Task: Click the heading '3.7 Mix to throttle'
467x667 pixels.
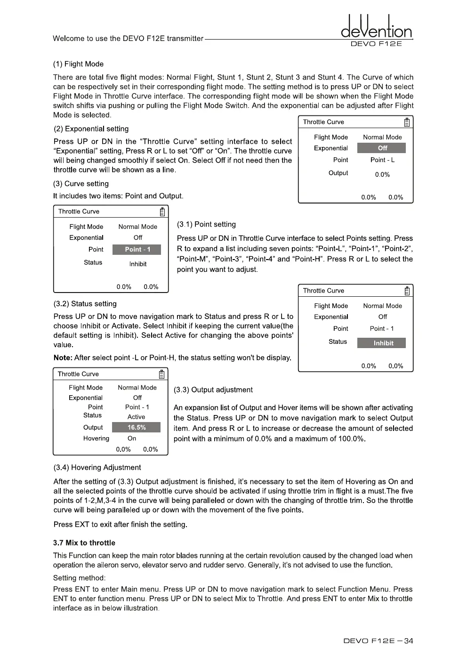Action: point(84,543)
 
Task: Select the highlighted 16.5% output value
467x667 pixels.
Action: point(137,427)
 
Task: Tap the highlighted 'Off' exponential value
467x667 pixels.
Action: point(382,148)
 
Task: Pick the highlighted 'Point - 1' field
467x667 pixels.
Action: point(137,249)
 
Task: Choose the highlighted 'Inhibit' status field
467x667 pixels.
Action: point(382,343)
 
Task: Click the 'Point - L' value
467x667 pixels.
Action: point(382,160)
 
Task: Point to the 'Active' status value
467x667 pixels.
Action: point(136,417)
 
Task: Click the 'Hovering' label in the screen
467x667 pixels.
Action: point(96,438)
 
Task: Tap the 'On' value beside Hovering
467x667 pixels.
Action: point(132,438)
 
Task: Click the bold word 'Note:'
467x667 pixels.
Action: point(63,358)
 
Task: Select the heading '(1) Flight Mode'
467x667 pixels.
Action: point(78,64)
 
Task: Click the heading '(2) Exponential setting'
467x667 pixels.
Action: point(91,129)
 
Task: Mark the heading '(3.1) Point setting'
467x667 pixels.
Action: point(206,224)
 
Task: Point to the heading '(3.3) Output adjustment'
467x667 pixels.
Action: point(213,390)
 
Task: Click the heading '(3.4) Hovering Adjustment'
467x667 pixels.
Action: point(97,467)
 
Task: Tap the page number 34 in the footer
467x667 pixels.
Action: point(408,641)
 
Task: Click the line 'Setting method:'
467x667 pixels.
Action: point(79,578)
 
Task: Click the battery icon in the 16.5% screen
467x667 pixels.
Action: point(161,374)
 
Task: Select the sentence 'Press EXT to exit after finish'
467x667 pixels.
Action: point(120,524)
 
